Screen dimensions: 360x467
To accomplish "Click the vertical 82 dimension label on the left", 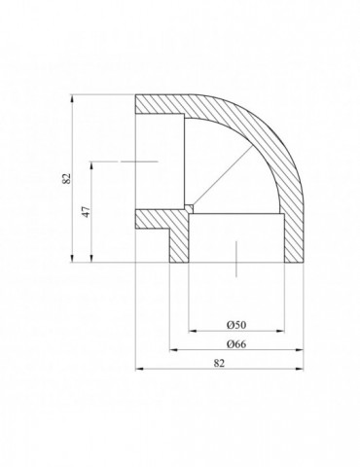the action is click(66, 178).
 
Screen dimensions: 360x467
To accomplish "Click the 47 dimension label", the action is click(87, 212).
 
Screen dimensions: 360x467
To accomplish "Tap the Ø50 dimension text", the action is click(236, 325).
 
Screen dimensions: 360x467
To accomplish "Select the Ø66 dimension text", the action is click(236, 343).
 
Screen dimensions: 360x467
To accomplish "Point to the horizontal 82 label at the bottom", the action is click(219, 363).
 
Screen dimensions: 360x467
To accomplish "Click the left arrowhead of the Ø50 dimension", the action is click(193, 331).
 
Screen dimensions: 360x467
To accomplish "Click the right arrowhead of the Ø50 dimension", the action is click(280, 331).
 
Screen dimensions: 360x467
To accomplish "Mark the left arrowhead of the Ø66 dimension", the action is click(174, 350).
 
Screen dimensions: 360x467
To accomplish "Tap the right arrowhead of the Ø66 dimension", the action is click(300, 350).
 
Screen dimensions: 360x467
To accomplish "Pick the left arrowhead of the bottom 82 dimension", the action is click(139, 369).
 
